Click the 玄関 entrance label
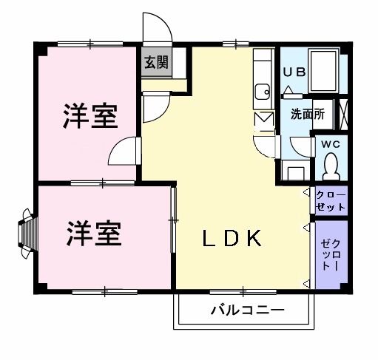[155, 62]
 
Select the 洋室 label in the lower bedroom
[94, 233]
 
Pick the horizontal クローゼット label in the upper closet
[331, 201]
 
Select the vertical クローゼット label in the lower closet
[330, 254]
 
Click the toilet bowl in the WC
[331, 164]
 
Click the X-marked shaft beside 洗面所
[344, 115]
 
